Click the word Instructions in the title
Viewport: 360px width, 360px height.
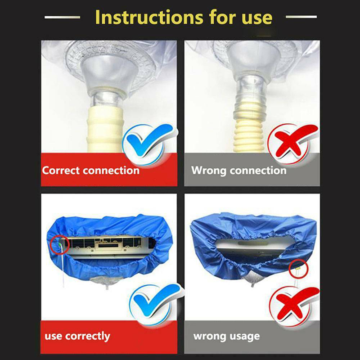coord(149,17)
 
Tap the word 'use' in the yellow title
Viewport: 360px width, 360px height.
coord(257,18)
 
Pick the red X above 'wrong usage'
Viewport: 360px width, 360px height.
coord(294,303)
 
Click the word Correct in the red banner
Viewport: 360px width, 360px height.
coord(61,171)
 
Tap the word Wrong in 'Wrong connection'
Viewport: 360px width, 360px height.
coord(209,171)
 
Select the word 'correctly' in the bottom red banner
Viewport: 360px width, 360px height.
coord(87,337)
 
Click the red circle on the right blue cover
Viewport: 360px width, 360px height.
coord(298,268)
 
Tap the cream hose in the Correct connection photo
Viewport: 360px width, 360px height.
coord(105,130)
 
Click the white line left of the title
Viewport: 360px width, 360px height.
coord(62,17)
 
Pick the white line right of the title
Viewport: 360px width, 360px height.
coord(301,17)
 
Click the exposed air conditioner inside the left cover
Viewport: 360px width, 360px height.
coord(108,247)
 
